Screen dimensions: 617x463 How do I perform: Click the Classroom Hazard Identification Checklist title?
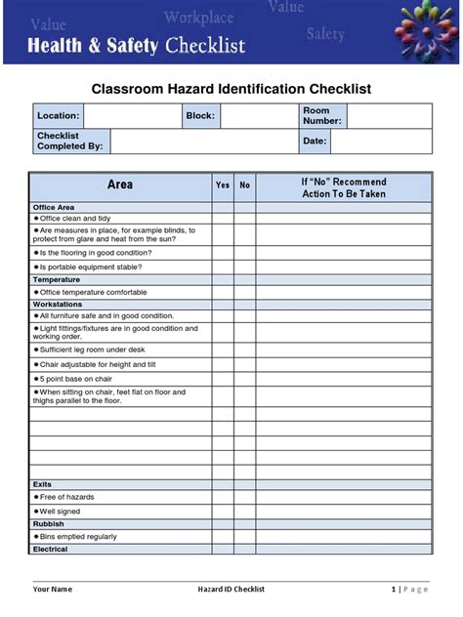231,89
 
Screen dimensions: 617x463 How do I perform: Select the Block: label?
199,115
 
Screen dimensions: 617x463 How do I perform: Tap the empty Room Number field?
389,115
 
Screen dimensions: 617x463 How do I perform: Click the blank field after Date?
381,142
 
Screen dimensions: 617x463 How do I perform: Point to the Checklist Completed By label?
69,142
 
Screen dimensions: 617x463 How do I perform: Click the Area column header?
120,185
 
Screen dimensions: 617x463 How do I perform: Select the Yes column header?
223,185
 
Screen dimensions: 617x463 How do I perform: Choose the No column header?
245,185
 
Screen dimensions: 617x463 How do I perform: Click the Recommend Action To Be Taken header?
344,187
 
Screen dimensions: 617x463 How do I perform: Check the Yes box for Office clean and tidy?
223,219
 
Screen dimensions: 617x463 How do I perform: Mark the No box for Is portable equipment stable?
245,267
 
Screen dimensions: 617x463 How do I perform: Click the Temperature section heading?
57,279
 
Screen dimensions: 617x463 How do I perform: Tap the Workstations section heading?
59,304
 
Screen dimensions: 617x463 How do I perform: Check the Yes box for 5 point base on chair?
223,378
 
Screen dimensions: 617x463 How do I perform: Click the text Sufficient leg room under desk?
93,349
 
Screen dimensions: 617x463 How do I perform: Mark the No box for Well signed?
245,511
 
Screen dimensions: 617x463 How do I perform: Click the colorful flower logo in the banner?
424,31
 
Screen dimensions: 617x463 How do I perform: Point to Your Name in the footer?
53,589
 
